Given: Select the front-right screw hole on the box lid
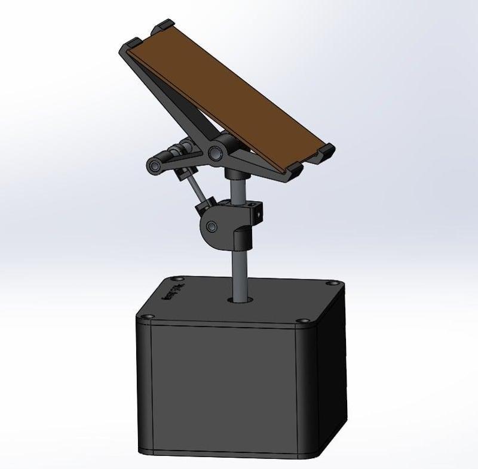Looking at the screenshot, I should coord(301,321).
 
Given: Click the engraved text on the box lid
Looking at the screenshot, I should coord(173,294).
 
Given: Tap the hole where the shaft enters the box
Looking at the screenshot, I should coord(241,297).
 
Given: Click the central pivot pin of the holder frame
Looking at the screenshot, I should coord(214,153).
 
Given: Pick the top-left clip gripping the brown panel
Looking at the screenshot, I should coord(133,44).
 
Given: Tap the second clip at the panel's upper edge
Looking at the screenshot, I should coord(163,26).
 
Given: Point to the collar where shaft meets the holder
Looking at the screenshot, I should coord(235,175).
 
